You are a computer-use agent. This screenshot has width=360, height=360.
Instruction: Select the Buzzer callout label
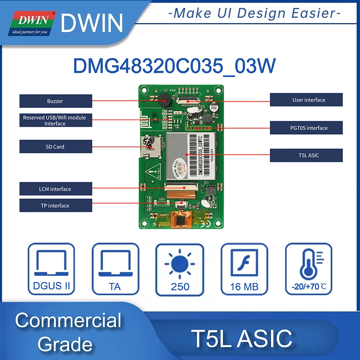coord(55,101)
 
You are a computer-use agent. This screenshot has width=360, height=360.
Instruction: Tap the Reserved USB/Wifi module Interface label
coord(55,120)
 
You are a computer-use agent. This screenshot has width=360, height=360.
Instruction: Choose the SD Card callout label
coord(55,147)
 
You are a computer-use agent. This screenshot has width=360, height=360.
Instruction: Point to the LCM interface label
coord(55,189)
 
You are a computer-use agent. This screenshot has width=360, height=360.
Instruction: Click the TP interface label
coord(55,206)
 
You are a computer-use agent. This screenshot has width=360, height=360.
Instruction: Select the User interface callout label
coord(306,100)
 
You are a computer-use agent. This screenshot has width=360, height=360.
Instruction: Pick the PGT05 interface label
coord(306,128)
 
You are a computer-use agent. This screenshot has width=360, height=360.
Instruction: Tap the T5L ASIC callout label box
coord(306,155)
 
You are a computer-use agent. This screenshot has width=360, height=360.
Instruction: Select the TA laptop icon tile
coord(115,269)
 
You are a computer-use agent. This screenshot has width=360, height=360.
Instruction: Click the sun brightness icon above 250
coord(180,263)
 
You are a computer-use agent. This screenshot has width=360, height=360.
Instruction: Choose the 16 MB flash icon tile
coord(244,269)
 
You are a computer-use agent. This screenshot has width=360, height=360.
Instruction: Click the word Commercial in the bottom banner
coord(68,320)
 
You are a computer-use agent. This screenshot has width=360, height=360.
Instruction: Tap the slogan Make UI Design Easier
coord(254,13)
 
